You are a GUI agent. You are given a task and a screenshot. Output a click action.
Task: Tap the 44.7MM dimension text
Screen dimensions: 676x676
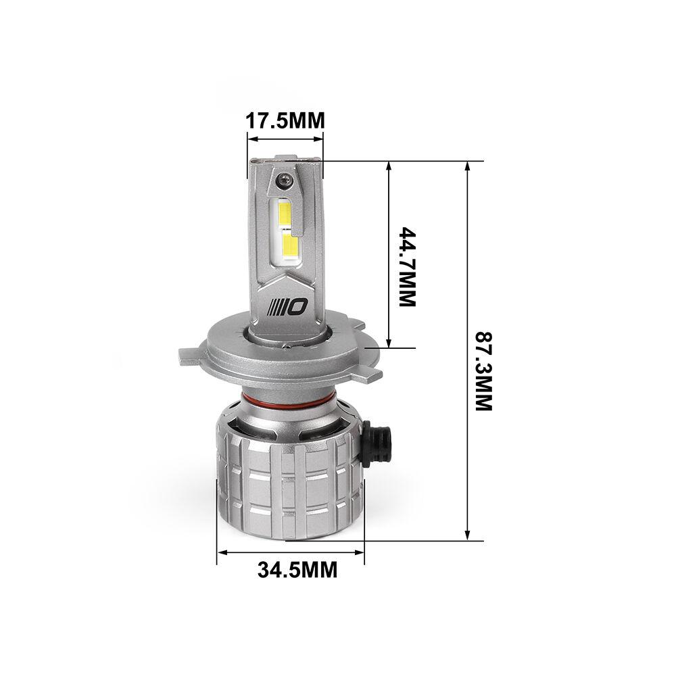[406, 267]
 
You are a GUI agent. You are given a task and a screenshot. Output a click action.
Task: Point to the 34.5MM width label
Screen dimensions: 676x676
[297, 570]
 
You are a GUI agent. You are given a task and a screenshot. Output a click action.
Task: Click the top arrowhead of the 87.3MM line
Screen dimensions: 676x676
[467, 165]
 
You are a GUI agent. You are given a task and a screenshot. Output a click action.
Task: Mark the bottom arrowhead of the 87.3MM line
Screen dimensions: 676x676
[467, 535]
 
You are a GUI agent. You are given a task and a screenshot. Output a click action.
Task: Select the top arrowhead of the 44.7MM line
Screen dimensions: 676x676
[389, 165]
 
